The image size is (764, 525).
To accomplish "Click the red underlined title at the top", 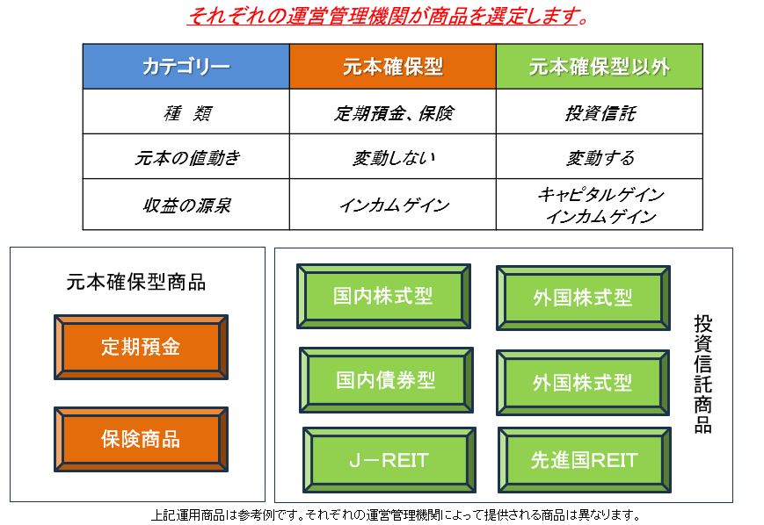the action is coord(388,16).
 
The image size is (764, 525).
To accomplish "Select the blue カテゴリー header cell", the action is coord(186,66).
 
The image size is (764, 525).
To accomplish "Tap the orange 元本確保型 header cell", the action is coord(393,66).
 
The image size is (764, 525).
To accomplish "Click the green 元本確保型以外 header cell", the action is coord(600,66).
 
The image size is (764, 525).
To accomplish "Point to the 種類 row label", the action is coord(187,113).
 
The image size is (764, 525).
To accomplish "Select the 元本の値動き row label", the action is coord(187,158).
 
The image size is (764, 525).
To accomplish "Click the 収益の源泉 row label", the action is coord(187,205).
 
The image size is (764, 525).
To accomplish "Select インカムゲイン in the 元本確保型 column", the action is coord(394,205).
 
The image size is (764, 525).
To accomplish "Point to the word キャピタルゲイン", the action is coord(600,194).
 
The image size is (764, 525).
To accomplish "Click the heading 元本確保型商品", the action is coord(136,282).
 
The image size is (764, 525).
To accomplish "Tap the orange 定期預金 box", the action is coord(141,347).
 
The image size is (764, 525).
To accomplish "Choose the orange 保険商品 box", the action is coord(141,439).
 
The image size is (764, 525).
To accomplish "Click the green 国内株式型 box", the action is coord(383,296).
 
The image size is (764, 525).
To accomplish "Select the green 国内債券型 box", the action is coord(386,380).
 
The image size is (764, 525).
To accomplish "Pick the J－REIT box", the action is coord(389,460).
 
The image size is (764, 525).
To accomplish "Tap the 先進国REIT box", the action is coord(584,460).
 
